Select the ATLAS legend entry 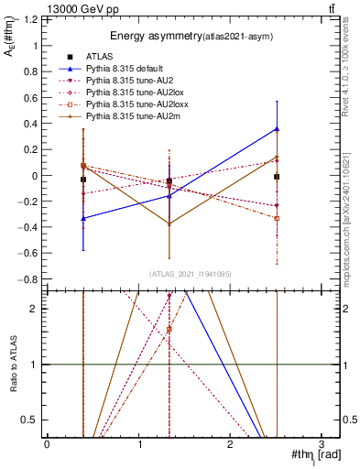[100, 57]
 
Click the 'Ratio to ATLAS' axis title [12, 364]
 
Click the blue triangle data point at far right [277, 129]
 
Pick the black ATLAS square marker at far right [277, 176]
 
